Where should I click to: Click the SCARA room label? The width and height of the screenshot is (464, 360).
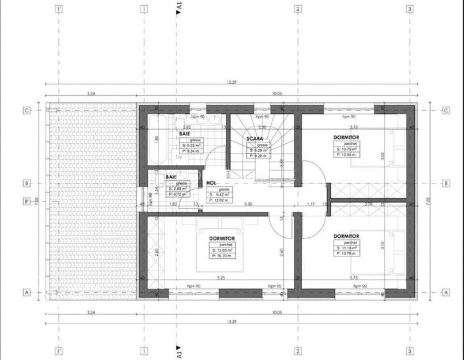click(x=256, y=138)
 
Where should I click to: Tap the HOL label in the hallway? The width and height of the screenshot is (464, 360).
click(x=211, y=183)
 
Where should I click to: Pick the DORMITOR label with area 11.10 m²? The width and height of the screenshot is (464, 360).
click(x=346, y=236)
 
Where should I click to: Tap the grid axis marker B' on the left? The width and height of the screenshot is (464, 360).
click(x=27, y=202)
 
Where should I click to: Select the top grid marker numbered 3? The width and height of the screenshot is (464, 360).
click(x=409, y=10)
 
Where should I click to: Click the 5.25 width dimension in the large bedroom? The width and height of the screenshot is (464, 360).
click(x=220, y=278)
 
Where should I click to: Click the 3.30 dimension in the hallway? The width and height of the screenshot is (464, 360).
click(x=248, y=204)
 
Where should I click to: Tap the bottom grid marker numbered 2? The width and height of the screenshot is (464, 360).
click(x=297, y=351)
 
